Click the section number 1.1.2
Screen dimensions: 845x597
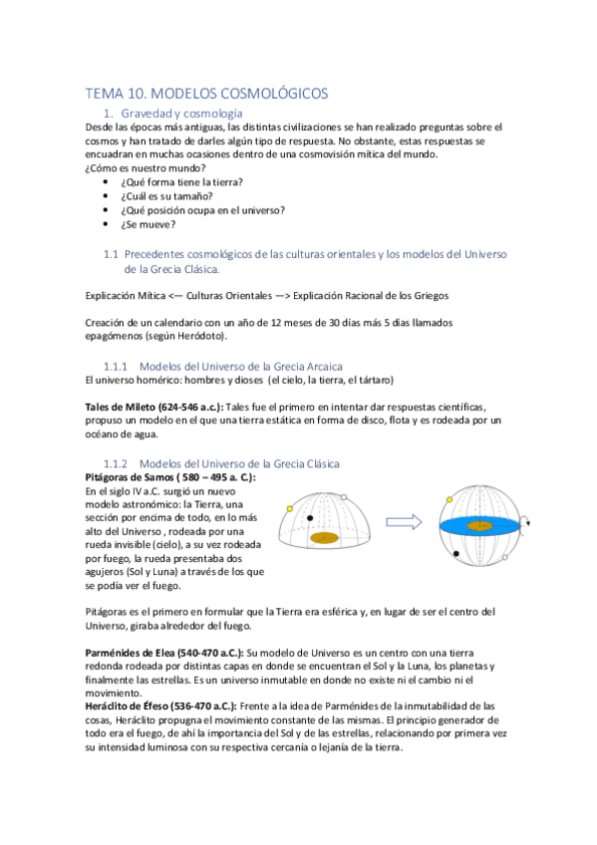118,463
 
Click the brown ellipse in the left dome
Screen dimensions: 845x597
325,538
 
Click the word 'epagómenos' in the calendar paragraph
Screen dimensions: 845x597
116,337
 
